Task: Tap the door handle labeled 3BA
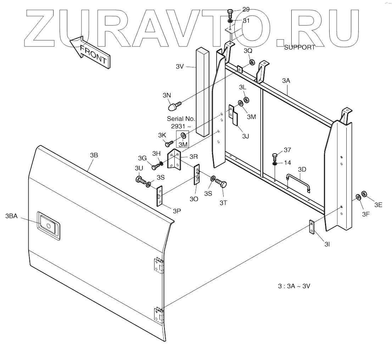pyautogui.click(x=49, y=224)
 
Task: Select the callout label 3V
pyautogui.click(x=179, y=66)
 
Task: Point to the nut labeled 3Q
pyautogui.click(x=251, y=63)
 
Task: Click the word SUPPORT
pyautogui.click(x=299, y=47)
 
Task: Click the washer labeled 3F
pyautogui.click(x=358, y=197)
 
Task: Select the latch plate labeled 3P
pyautogui.click(x=159, y=196)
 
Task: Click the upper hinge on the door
pyautogui.click(x=158, y=266)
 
